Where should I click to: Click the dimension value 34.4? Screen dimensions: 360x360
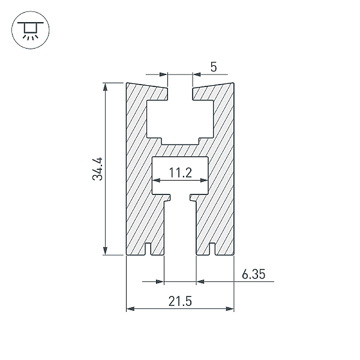point(97,169)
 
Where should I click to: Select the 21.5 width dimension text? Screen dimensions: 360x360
point(180,301)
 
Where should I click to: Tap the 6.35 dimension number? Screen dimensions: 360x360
point(253,274)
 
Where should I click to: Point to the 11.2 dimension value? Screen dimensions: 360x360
point(180,173)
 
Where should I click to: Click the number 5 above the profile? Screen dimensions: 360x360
point(214,67)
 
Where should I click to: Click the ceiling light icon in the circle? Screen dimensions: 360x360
point(31,30)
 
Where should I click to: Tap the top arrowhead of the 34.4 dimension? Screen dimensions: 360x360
point(105,87)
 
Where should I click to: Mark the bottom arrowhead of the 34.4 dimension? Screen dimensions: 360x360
point(105,251)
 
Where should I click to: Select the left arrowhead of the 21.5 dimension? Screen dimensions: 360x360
point(130,309)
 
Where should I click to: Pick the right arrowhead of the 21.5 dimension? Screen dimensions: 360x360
point(230,309)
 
